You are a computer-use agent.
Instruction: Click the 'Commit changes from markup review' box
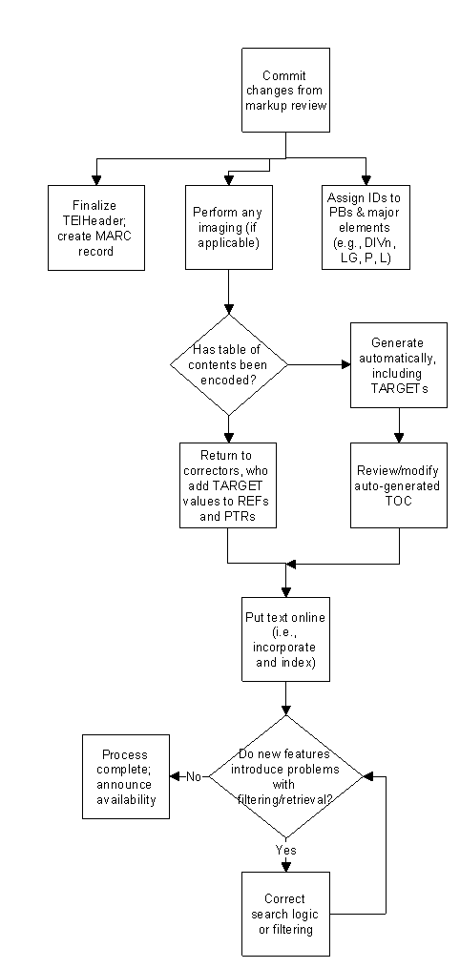285,91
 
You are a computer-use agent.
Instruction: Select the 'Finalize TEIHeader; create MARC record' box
96,228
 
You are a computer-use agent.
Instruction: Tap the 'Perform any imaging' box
229,227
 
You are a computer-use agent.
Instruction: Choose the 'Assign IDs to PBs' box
366,227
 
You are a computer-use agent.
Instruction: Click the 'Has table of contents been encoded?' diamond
228,365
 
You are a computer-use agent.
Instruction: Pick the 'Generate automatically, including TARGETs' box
399,365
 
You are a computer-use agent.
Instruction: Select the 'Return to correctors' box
228,485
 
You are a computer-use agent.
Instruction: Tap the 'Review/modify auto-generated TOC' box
399,485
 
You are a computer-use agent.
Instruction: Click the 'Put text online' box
285,639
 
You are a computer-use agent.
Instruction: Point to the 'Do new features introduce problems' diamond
286,776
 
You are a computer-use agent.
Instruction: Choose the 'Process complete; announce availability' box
126,776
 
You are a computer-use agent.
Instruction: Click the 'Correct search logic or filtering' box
285,914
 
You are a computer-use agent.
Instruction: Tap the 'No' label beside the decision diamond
194,776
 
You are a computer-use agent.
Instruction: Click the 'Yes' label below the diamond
286,850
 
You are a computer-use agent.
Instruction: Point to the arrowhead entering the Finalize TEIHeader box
96,180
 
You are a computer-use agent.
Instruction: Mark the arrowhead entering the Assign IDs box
366,180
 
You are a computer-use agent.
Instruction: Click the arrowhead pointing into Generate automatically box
346,365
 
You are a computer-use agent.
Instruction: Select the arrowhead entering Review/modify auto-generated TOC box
399,439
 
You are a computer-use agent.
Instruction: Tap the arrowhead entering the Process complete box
174,776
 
